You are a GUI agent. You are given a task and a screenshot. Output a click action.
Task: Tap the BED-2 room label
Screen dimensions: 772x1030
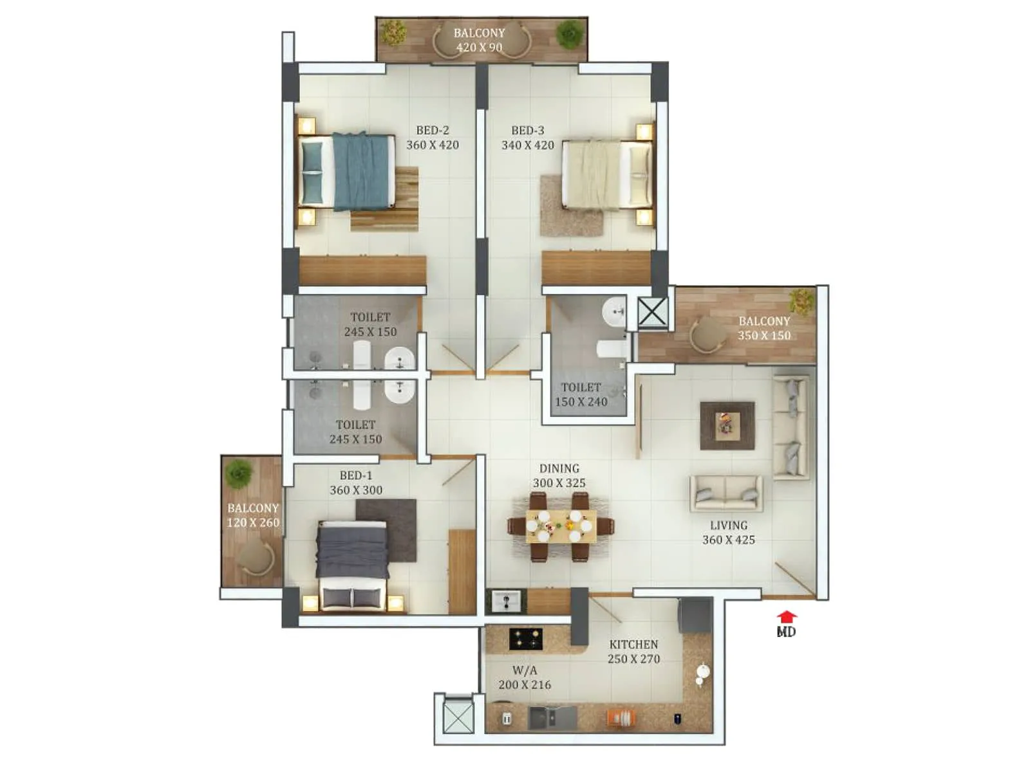tap(432, 131)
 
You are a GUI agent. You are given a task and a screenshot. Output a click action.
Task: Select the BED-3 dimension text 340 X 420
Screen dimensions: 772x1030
tap(528, 145)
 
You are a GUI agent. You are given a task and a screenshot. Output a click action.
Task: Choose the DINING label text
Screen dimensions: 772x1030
tap(559, 468)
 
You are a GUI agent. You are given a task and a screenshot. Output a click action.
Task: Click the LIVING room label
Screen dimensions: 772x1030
tap(729, 526)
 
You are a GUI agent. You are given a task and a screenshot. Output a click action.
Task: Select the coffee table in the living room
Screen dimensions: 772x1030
tap(727, 425)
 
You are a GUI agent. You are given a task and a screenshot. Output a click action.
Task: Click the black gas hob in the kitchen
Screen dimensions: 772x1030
tap(525, 639)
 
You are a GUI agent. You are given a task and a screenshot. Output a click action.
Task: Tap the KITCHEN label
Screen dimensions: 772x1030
tap(633, 644)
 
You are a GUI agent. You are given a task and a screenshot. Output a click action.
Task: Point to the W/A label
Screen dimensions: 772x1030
tap(525, 670)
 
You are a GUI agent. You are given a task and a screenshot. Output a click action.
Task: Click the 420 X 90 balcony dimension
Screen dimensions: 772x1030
tap(479, 47)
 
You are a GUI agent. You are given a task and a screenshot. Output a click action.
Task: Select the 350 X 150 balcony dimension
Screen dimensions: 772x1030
tap(764, 335)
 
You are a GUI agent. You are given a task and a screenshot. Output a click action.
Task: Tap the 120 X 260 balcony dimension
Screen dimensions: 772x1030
tap(253, 522)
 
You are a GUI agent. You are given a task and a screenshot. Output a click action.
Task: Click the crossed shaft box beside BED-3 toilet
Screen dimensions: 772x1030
tap(652, 313)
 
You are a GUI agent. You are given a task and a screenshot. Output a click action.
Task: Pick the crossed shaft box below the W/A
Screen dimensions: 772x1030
tap(459, 717)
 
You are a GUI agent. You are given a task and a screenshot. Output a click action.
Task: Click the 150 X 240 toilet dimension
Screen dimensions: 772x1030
tap(581, 402)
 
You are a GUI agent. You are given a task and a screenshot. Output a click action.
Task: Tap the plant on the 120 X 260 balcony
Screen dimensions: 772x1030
tap(239, 472)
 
